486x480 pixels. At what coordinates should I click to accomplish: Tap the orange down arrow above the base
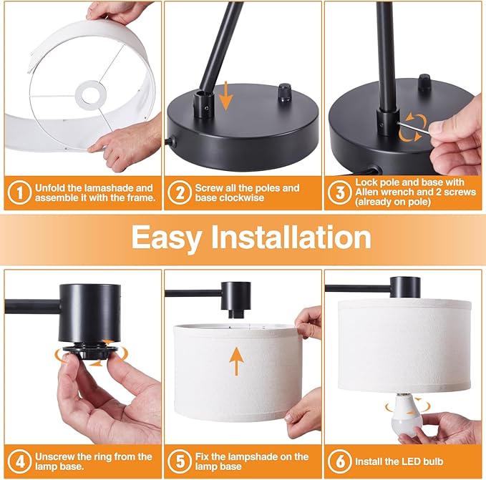click(x=227, y=96)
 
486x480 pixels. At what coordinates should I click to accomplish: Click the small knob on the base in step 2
click(x=285, y=92)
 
